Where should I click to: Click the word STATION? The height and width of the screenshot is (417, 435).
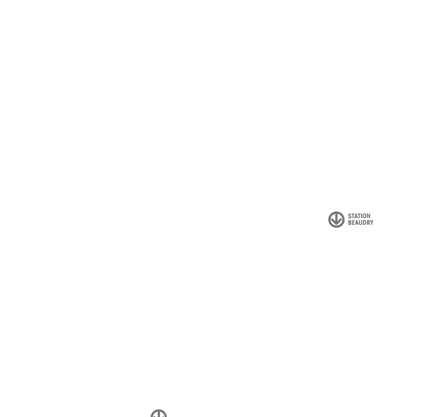coord(359,216)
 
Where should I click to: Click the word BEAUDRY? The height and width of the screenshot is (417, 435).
coord(361,223)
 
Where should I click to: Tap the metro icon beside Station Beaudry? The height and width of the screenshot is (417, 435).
coord(337,220)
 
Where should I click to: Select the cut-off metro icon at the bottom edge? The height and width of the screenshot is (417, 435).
coord(159,413)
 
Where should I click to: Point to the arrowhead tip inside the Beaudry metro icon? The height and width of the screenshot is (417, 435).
coord(337,225)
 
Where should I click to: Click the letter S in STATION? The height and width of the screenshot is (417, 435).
coord(350,216)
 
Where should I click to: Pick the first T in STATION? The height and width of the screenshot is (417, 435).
coord(353,216)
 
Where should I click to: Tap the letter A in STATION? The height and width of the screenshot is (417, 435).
coord(357,216)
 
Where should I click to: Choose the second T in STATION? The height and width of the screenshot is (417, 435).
coord(360,216)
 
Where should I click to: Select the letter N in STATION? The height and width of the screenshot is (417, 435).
coord(369,216)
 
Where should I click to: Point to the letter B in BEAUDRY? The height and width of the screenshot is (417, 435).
coord(350,223)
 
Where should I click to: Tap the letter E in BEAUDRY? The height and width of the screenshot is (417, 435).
coord(353,223)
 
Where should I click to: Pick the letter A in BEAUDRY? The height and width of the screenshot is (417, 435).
coord(357,223)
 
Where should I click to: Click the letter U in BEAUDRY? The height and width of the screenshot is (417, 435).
coord(361,223)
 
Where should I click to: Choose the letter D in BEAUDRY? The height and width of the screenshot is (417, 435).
coord(365,223)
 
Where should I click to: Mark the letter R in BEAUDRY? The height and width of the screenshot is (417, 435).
coord(369,223)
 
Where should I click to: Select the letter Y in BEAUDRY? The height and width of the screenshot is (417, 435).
coord(372,223)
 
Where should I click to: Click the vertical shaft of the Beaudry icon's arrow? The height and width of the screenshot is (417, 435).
coord(337,218)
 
